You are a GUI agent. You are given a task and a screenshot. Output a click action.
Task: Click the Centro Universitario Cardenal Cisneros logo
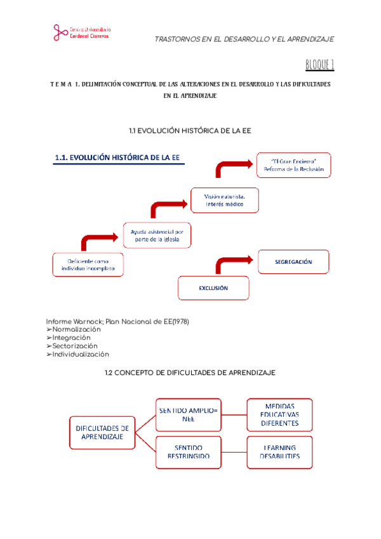coord(82,32)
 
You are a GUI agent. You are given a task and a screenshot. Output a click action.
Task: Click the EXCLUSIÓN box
coord(213,288)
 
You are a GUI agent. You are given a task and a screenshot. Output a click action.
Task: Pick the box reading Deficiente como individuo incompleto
coord(88,264)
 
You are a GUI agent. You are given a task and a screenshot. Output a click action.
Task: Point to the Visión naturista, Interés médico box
coord(225,200)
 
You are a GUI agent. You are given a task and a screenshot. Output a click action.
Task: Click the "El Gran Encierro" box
coord(293,165)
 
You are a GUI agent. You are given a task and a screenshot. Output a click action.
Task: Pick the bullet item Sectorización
coord(75,346)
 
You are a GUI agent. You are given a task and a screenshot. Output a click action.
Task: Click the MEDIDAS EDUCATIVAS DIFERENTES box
coord(279,415)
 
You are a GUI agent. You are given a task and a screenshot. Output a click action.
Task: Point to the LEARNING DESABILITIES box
coord(279,452)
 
